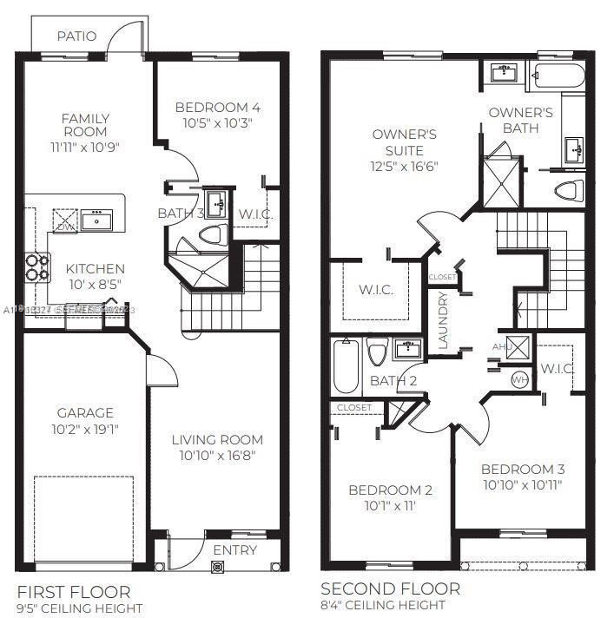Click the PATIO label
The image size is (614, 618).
click(x=77, y=36)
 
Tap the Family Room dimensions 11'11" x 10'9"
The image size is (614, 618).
click(x=85, y=147)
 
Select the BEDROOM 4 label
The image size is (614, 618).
click(x=217, y=108)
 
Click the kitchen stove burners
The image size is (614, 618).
click(x=36, y=266)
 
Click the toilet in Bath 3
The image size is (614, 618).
click(x=212, y=234)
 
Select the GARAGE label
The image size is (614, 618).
click(x=85, y=413)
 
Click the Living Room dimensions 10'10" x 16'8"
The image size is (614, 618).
click(x=217, y=456)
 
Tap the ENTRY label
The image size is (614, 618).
click(x=234, y=550)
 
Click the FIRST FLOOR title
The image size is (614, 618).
click(x=73, y=592)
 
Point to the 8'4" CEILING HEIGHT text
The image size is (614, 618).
click(x=383, y=605)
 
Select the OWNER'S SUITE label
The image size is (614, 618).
click(x=404, y=142)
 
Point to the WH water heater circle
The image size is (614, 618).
click(x=519, y=379)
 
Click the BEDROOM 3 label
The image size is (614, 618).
click(x=523, y=469)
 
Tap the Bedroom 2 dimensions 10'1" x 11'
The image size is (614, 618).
click(x=390, y=505)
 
